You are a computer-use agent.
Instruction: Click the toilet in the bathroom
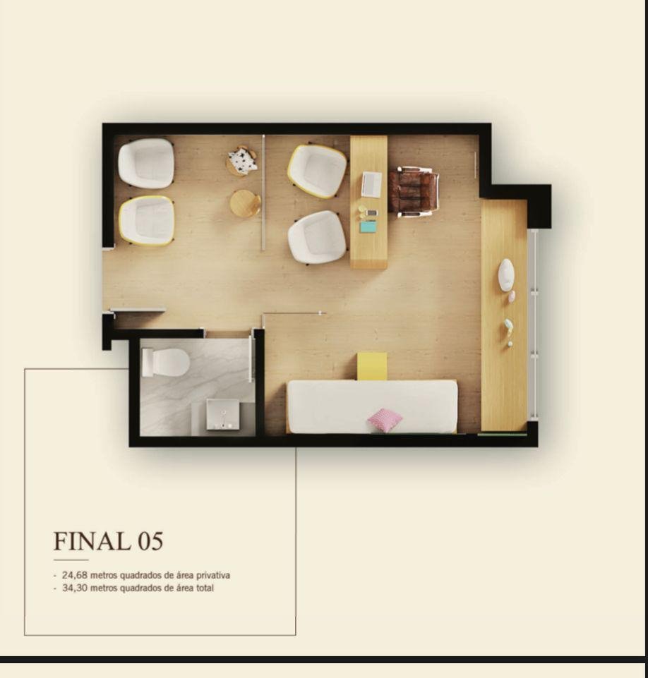166,362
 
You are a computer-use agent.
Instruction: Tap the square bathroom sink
223,414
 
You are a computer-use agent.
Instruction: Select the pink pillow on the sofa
385,419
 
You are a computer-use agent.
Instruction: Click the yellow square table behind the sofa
371,366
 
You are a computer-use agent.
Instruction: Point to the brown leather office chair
413,192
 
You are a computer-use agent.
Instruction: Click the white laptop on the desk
371,185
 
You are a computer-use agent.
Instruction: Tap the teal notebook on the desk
368,227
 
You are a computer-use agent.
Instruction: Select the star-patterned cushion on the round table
243,160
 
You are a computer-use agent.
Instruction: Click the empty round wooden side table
245,203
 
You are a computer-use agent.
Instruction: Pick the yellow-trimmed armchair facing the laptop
317,171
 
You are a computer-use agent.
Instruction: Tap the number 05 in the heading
150,541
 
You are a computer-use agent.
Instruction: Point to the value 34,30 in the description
75,588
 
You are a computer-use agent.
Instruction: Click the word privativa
213,576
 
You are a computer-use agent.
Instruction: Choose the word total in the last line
205,588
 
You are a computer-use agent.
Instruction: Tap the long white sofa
373,406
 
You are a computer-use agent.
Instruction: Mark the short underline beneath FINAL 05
71,560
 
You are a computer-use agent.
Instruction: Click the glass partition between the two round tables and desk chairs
263,193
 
